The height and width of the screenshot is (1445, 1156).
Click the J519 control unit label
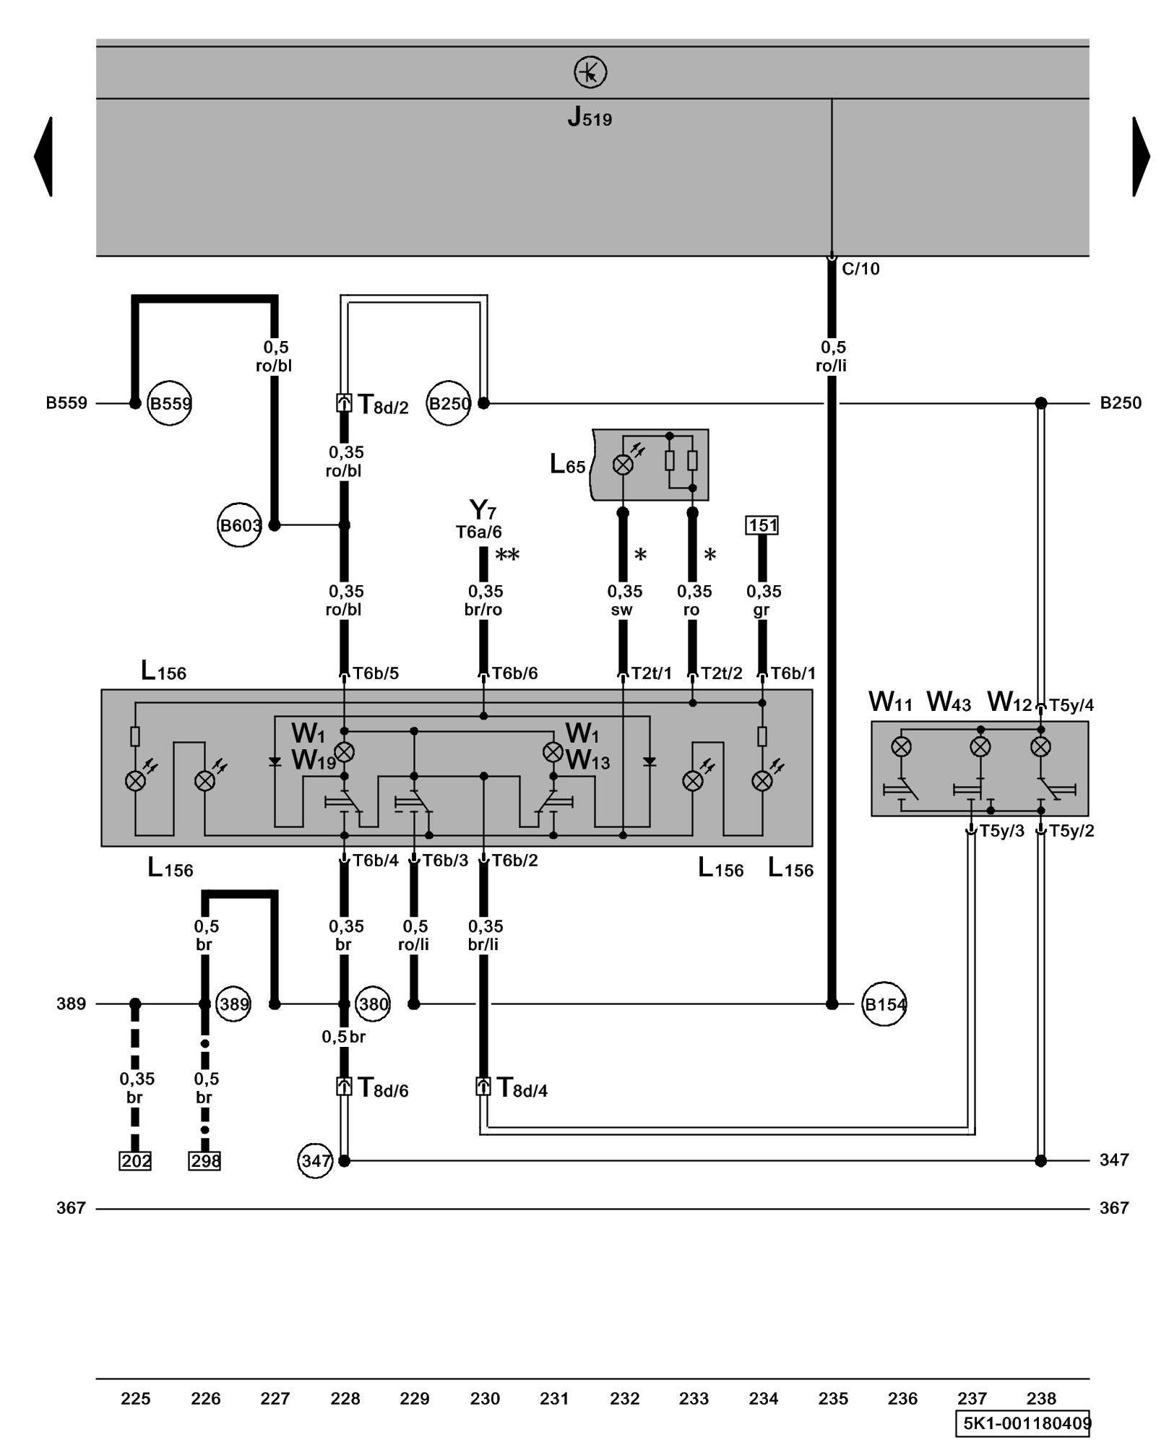tap(590, 117)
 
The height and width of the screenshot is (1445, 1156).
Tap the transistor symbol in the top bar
tap(590, 72)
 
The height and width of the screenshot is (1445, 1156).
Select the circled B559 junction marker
tap(170, 403)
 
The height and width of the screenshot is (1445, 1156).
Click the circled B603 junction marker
tap(239, 525)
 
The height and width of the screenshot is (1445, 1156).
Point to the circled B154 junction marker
tap(885, 1004)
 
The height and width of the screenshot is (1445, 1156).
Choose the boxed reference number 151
tap(762, 525)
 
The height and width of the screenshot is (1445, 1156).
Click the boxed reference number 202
tap(135, 1161)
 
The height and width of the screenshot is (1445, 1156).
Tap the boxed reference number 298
tap(204, 1161)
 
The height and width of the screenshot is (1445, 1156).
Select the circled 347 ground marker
tap(315, 1161)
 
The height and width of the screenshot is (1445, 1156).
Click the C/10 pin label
tap(860, 269)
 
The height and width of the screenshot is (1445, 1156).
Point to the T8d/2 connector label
tap(383, 405)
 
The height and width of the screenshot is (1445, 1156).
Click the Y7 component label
tap(483, 510)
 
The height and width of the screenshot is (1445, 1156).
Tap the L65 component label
tap(568, 465)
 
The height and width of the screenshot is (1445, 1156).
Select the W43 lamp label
tap(949, 702)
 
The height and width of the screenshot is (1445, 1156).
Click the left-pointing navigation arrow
tap(44, 156)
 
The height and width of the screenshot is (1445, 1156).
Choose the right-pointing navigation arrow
tap(1140, 156)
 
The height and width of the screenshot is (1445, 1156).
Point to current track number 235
tap(832, 1399)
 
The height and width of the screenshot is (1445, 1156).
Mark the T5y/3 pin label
tap(1001, 831)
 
